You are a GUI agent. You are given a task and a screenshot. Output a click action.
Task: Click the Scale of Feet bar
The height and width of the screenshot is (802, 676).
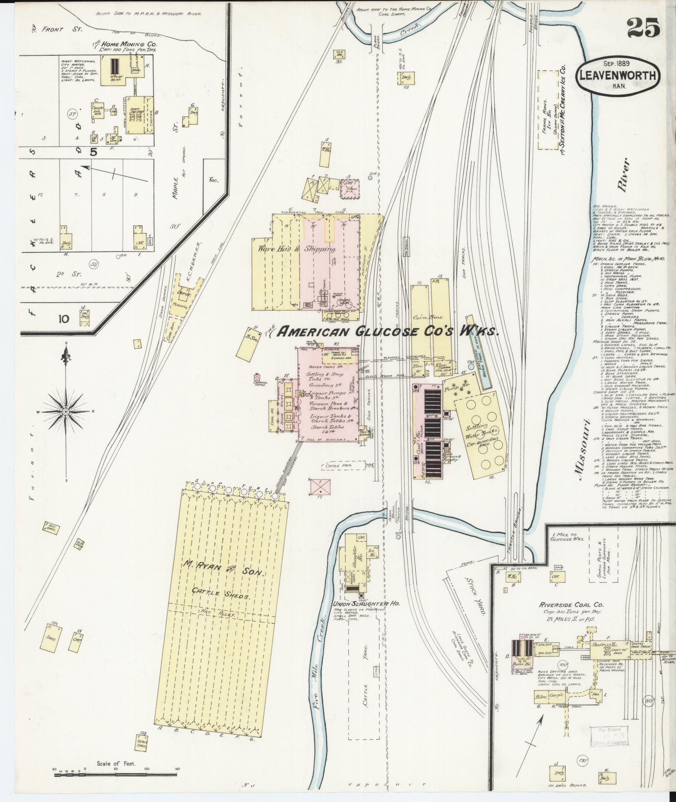[x=115, y=769]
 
